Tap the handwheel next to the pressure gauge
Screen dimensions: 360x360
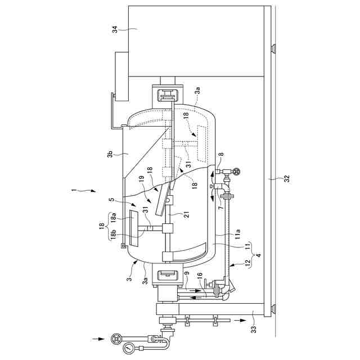tap(116, 339)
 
